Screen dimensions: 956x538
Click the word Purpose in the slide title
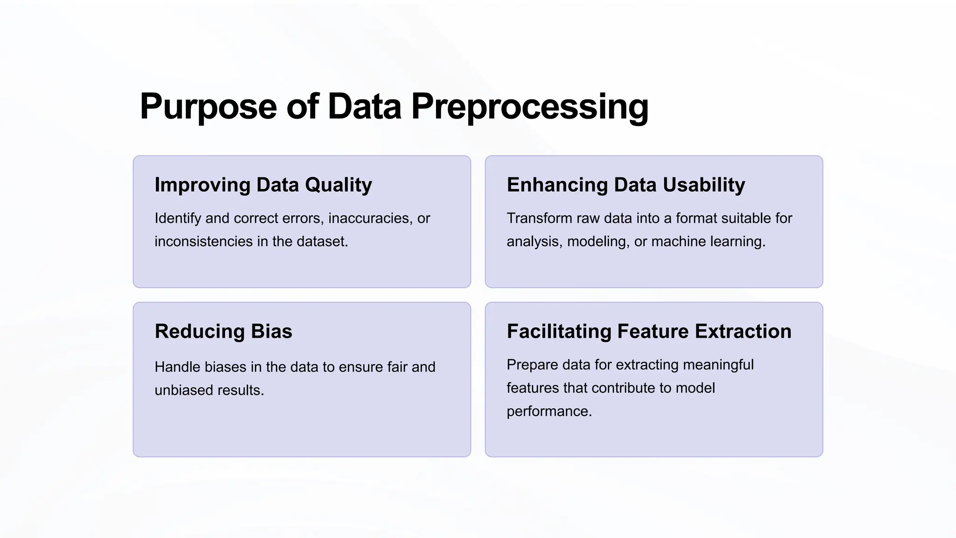(x=208, y=107)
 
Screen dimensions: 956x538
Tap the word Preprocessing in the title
(x=530, y=107)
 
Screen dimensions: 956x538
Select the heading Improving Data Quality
(x=263, y=185)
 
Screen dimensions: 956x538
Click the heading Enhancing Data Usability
(x=626, y=185)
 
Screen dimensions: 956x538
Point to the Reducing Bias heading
(x=223, y=332)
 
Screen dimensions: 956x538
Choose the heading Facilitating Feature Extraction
(x=649, y=332)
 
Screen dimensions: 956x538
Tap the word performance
(x=549, y=411)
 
